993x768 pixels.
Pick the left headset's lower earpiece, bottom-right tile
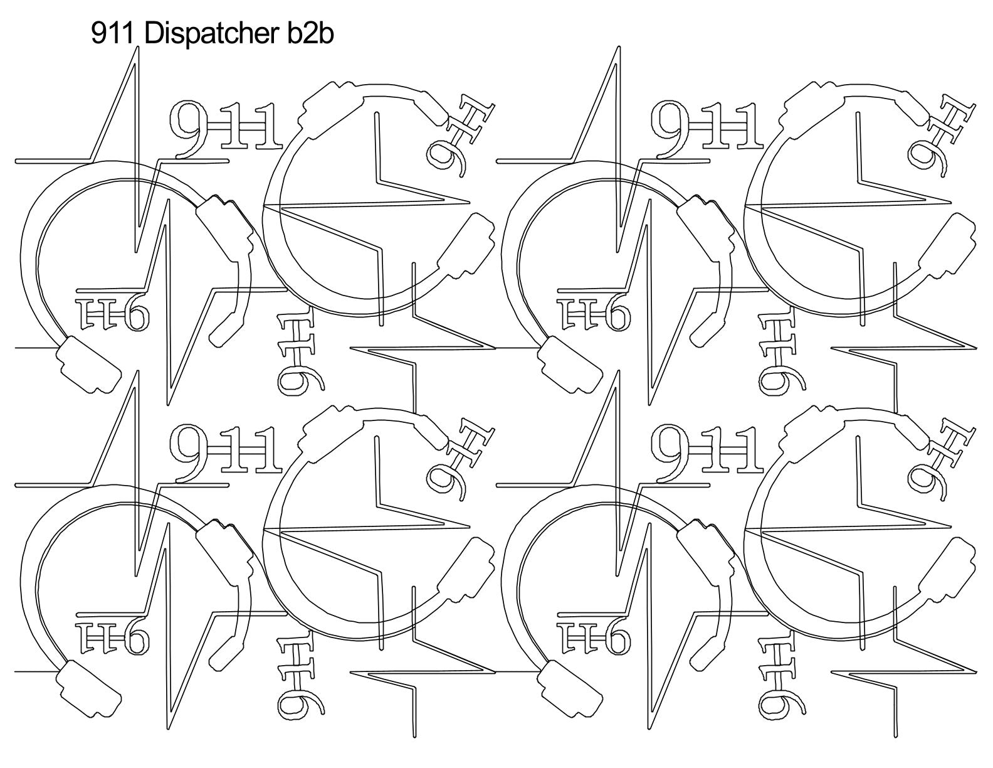(570, 691)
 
